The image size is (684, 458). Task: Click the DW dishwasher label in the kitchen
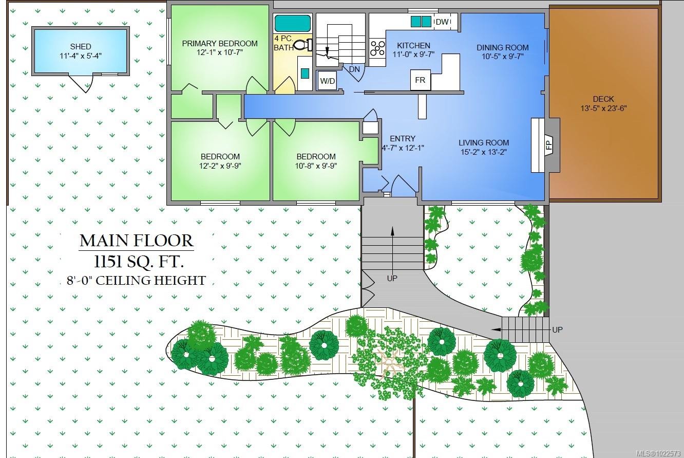coord(442,22)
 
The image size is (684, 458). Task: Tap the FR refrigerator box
coord(420,80)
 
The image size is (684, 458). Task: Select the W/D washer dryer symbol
coord(327,81)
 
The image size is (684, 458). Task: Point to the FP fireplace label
coord(548,144)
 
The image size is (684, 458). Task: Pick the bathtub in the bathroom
coord(292,23)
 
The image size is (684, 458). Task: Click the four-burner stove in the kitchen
coord(378,48)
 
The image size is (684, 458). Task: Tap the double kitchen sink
coord(421,22)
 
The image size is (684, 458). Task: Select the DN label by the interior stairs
coord(354,69)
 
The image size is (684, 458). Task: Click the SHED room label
coord(81,47)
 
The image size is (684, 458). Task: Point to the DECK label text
coord(603,99)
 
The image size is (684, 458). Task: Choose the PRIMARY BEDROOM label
coord(220,43)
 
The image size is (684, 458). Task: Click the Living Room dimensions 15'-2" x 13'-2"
coord(484,152)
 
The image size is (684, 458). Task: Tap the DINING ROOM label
coord(502,47)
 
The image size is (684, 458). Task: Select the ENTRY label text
coord(403,138)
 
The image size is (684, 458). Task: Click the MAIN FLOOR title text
coord(137,241)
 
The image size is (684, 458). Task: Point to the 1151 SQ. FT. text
coord(137,262)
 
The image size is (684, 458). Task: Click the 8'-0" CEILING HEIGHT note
coord(136,281)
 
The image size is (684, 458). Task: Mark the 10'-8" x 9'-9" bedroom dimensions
coord(316,166)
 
